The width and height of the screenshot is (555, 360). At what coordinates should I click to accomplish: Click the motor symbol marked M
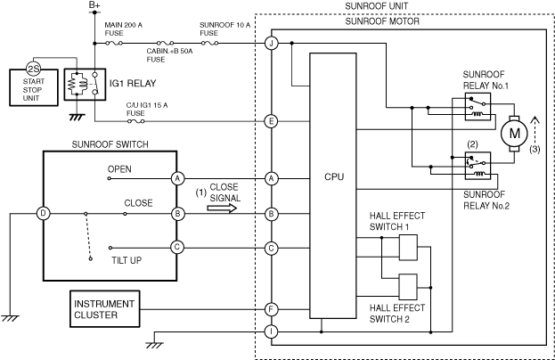click(x=514, y=134)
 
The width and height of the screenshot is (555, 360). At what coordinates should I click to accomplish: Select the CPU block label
click(x=334, y=176)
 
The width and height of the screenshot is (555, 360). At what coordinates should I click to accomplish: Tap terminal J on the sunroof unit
click(x=272, y=43)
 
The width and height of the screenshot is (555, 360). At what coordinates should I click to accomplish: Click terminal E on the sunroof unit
click(x=272, y=121)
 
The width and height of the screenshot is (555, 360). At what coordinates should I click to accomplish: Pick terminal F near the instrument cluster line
click(x=272, y=309)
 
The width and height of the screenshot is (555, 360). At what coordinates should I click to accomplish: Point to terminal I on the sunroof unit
click(x=272, y=331)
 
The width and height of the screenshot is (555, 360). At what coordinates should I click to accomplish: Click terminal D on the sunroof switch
click(x=44, y=214)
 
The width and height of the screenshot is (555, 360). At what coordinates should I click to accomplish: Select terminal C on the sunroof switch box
click(x=177, y=247)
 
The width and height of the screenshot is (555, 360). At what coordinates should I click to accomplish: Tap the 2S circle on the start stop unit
click(x=34, y=69)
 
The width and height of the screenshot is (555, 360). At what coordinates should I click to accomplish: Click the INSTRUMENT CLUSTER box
click(x=105, y=309)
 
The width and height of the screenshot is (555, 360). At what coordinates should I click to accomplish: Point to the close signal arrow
click(x=222, y=209)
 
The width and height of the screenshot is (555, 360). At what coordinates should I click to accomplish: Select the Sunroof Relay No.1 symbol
click(x=477, y=107)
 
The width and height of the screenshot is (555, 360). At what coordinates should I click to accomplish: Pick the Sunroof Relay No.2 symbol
click(x=477, y=166)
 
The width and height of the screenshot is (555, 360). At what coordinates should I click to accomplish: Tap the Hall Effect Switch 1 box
click(x=408, y=248)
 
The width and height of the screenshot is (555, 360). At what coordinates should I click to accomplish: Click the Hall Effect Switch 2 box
click(x=408, y=287)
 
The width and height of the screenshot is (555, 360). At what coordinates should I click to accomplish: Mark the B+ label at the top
click(x=94, y=5)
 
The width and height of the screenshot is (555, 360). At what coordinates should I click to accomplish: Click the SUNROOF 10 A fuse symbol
click(x=210, y=43)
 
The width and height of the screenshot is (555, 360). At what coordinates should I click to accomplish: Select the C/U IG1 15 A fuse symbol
click(x=136, y=121)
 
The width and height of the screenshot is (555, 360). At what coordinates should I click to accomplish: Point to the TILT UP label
click(x=127, y=260)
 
